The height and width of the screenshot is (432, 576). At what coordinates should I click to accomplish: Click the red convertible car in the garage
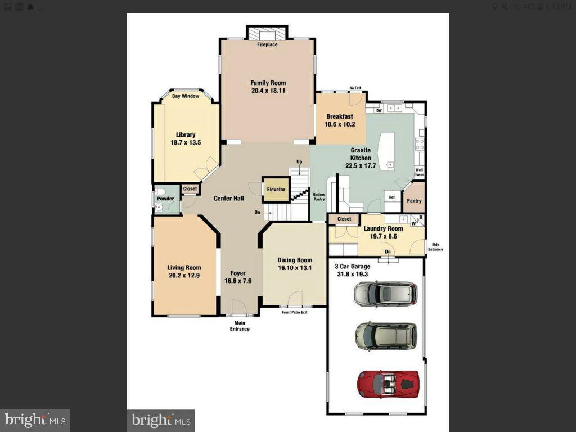click(388, 383)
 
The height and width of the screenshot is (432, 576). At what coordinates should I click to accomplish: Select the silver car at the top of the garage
click(386, 294)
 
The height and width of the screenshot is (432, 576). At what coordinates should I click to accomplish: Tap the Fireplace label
click(267, 44)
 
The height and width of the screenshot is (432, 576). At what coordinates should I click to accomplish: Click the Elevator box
click(276, 190)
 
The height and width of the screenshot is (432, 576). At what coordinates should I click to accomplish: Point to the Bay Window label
click(186, 96)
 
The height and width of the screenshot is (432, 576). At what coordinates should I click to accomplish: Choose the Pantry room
click(414, 201)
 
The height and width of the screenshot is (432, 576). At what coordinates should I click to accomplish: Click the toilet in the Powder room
click(160, 192)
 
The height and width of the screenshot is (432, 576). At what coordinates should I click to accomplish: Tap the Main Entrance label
click(240, 326)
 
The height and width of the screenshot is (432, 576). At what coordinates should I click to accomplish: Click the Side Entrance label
click(435, 246)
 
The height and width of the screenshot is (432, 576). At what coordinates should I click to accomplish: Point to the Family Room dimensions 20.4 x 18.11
click(268, 91)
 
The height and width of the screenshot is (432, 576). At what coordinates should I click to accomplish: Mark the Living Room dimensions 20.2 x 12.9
click(184, 276)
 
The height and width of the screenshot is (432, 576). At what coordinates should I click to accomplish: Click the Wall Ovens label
click(419, 172)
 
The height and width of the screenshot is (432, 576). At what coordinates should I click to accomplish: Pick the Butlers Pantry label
click(319, 197)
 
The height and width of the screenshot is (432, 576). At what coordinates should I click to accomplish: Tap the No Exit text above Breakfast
click(355, 88)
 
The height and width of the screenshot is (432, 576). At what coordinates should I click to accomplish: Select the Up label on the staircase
click(299, 162)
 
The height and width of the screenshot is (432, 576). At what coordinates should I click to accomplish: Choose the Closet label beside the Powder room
click(190, 189)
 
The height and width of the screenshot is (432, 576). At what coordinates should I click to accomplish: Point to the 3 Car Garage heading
click(352, 267)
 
